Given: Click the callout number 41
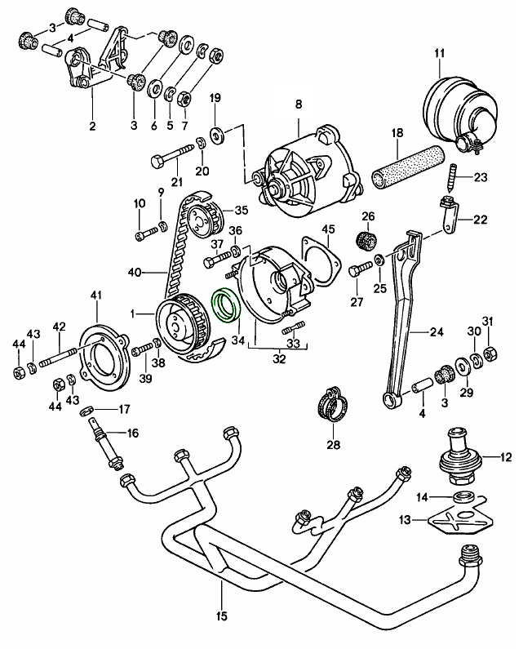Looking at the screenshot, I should click(96, 295).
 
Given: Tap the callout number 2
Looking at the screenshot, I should click(92, 126).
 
